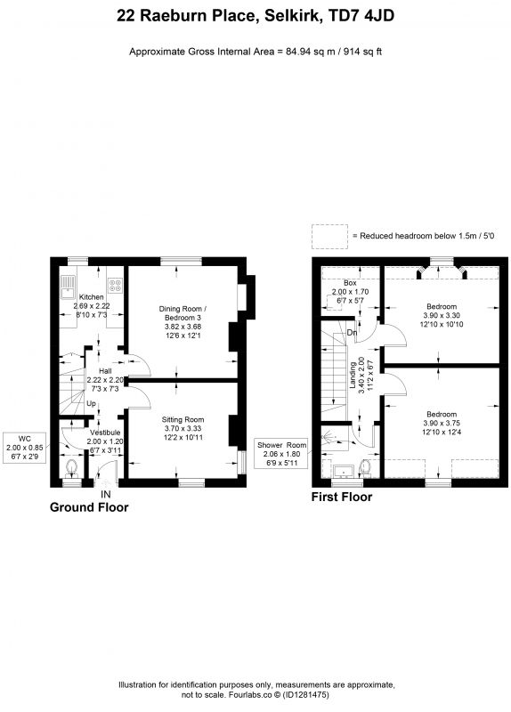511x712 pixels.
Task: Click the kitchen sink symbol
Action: [x=69, y=287]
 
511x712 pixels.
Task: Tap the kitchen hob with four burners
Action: [x=115, y=285]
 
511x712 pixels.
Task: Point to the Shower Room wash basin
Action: [x=344, y=472]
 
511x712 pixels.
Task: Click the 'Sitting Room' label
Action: [x=183, y=419]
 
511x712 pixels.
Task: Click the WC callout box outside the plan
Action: [x=25, y=448]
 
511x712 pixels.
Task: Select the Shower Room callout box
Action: [x=281, y=454]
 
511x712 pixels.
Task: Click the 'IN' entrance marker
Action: [x=106, y=494]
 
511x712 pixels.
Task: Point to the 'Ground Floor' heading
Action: [x=89, y=507]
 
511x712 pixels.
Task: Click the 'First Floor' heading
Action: [x=342, y=498]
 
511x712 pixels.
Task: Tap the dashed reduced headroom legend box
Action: [x=329, y=236]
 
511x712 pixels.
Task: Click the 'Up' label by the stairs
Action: [x=92, y=403]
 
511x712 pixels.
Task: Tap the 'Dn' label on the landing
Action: [x=352, y=333]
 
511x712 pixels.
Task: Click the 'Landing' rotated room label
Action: [x=353, y=375]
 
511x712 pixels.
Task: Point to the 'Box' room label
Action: [x=350, y=283]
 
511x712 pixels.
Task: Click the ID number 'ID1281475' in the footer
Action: [x=306, y=694]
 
